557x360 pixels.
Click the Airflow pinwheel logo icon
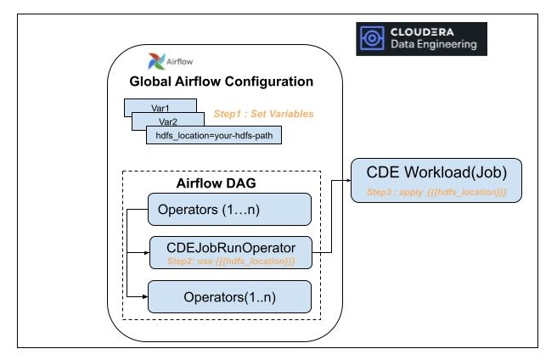click(x=155, y=61)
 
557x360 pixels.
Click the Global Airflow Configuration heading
click(x=221, y=82)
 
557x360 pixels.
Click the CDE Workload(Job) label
click(x=436, y=174)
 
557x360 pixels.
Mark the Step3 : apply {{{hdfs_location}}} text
click(x=436, y=193)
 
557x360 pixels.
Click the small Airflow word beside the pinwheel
click(x=176, y=62)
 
